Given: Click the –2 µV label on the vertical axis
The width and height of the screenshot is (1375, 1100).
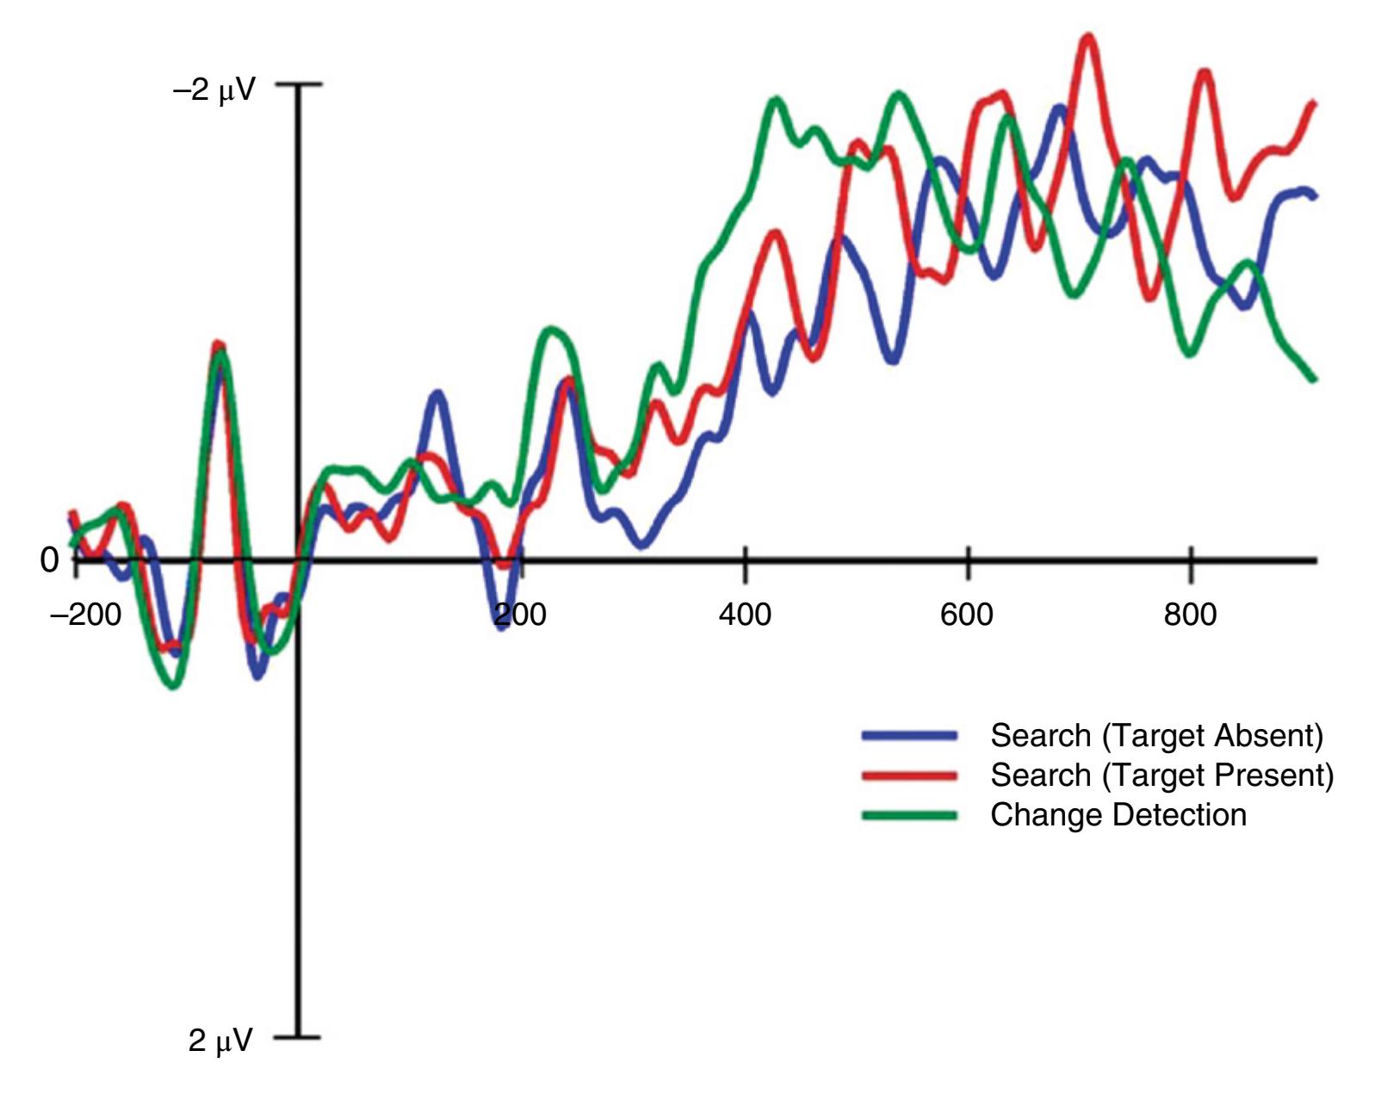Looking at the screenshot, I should [214, 89].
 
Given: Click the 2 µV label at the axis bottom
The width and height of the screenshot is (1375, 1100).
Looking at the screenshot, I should [221, 1040].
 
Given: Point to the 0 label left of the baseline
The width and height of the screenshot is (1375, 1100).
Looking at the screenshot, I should [50, 560].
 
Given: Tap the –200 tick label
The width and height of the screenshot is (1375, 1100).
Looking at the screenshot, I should [86, 615].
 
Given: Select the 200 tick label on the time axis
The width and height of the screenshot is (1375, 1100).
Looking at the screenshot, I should [521, 615].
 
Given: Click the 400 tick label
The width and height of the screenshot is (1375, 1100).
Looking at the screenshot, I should [745, 615].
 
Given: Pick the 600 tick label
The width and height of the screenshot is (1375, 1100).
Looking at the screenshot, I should [967, 615].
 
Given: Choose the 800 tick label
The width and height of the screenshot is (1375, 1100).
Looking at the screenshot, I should [1191, 615].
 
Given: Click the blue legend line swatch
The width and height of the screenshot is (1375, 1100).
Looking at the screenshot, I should [909, 735].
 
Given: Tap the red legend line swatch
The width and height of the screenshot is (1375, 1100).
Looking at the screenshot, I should [909, 776].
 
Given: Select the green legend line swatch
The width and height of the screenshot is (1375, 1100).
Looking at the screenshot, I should [909, 815].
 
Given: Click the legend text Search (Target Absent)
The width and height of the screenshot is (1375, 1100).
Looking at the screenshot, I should [1156, 736].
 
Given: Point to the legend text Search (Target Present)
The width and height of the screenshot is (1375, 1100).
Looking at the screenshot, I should [1161, 776].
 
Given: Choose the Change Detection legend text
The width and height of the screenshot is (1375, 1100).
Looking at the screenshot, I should [1118, 815].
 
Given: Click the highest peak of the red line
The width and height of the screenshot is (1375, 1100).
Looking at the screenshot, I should [1089, 38].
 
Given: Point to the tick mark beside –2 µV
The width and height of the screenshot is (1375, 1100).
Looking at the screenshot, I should [310, 84].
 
